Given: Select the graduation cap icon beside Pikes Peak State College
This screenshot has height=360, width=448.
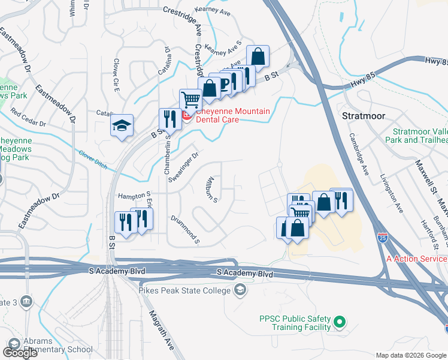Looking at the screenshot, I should click(x=240, y=291).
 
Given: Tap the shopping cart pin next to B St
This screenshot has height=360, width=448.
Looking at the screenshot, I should click(x=190, y=99).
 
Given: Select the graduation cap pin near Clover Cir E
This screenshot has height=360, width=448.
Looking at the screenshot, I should click(x=122, y=125).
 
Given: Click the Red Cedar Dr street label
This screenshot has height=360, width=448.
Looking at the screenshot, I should click(x=28, y=119).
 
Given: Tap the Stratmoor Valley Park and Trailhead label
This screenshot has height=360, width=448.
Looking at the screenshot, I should click(x=420, y=136).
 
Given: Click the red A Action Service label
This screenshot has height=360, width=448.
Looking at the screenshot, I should click(x=417, y=258).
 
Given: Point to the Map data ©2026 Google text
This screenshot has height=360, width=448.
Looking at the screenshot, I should click(x=410, y=355).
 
